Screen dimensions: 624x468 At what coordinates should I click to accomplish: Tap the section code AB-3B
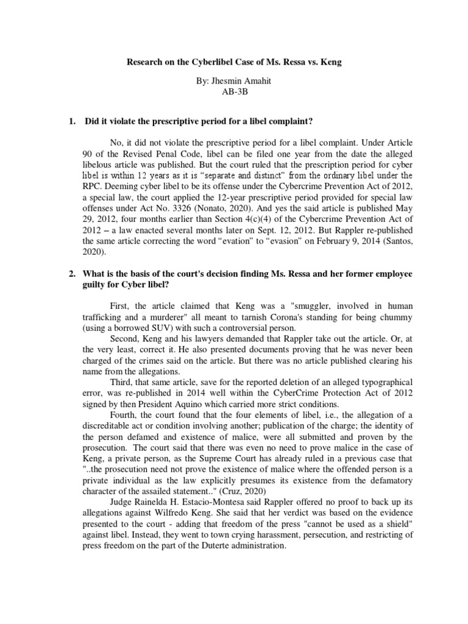coord(234,93)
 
